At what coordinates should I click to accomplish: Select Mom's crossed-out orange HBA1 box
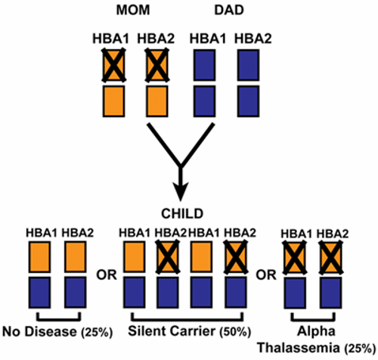coord(113,66)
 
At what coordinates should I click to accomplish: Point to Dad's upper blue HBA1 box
coord(206,66)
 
